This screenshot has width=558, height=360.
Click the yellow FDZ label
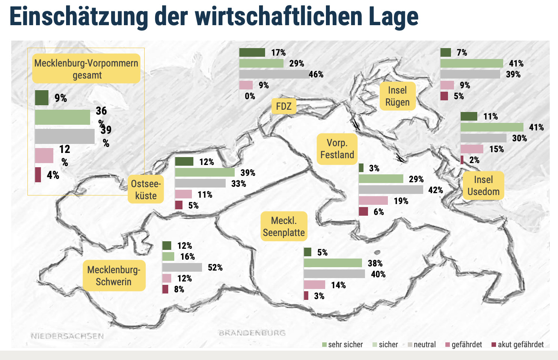coord(284,106)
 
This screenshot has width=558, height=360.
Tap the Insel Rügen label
coord(397,96)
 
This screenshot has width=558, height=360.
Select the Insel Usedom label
coord(483,186)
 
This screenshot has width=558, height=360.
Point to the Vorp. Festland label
coord(337,149)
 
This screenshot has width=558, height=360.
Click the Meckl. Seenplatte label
coord(284,227)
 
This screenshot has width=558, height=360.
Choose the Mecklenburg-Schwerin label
coord(114,275)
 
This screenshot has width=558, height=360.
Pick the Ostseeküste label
coord(146,189)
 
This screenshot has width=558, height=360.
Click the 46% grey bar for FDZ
coord(273,74)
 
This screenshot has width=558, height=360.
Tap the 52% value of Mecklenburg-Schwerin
coord(215,268)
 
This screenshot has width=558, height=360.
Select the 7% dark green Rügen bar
coord(446,53)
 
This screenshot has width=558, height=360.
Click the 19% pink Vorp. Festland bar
coord(373,201)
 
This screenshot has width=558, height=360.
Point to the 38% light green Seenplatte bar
coord(333,263)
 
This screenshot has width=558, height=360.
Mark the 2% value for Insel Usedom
coord(474,160)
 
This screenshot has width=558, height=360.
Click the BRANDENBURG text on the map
coord(252,333)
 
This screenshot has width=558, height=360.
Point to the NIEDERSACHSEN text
coord(67,336)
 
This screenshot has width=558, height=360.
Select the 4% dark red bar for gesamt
coord(38,175)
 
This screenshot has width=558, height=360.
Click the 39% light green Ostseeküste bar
coord(205,172)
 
